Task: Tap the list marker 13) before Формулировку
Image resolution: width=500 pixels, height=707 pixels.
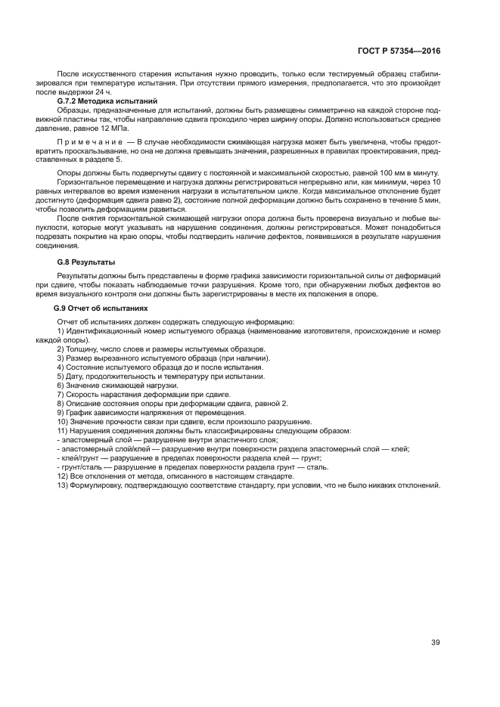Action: [64, 484]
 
